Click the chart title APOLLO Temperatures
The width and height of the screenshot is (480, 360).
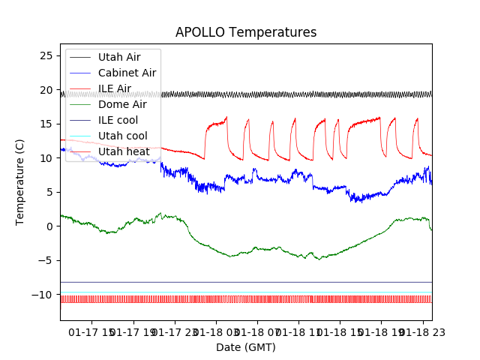246,33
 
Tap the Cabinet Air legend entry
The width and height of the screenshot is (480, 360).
127,73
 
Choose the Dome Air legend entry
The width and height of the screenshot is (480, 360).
122,104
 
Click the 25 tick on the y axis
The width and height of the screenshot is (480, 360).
46,56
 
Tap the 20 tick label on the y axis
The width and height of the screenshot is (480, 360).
46,90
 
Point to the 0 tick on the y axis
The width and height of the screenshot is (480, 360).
49,226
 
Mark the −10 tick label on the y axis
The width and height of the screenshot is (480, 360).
43,295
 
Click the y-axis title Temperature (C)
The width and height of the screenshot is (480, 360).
20,182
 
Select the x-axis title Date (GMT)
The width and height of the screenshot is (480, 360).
246,347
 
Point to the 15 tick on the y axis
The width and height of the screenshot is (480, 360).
46,124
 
